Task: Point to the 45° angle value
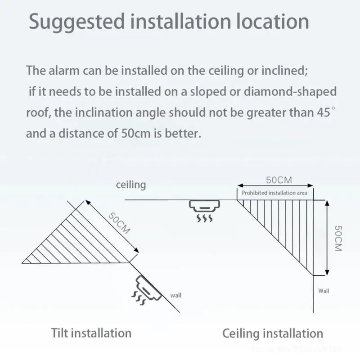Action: point(325,112)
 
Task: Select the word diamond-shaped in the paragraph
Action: point(290,92)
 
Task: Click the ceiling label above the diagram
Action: point(131,184)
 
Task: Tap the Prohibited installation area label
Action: point(274,193)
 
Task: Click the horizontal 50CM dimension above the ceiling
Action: point(279,180)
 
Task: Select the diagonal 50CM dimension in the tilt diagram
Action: point(119,222)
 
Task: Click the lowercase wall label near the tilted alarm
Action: point(175,296)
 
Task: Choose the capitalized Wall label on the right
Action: point(324,291)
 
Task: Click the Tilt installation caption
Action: point(91,333)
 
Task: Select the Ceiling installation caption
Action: point(273,333)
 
